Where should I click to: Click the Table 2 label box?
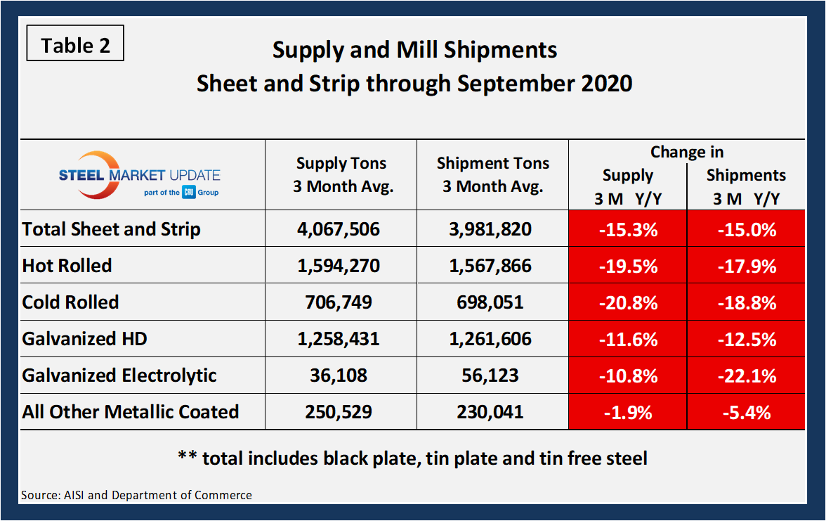[x=75, y=45]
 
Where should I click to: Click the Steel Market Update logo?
[x=139, y=175]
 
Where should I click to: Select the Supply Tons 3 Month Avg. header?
[x=341, y=175]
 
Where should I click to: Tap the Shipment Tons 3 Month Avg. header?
[x=493, y=175]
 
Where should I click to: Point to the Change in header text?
[x=686, y=152]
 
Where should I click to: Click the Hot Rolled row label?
[x=67, y=266]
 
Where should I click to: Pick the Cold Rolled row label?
[x=71, y=302]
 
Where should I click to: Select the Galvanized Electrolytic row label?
[x=119, y=375]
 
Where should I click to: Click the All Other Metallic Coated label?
[x=131, y=412]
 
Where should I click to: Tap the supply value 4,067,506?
[x=341, y=229]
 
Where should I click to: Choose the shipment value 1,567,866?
[x=493, y=266]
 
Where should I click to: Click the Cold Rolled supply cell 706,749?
[x=341, y=302]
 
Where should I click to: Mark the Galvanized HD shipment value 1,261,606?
[x=493, y=339]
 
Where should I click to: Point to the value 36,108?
[x=341, y=375]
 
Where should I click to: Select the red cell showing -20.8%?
[x=627, y=302]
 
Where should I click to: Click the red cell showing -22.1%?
[x=746, y=375]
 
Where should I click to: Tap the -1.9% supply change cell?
[x=627, y=412]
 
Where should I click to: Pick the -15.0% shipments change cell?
[x=746, y=229]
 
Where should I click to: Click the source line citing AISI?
[x=136, y=495]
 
